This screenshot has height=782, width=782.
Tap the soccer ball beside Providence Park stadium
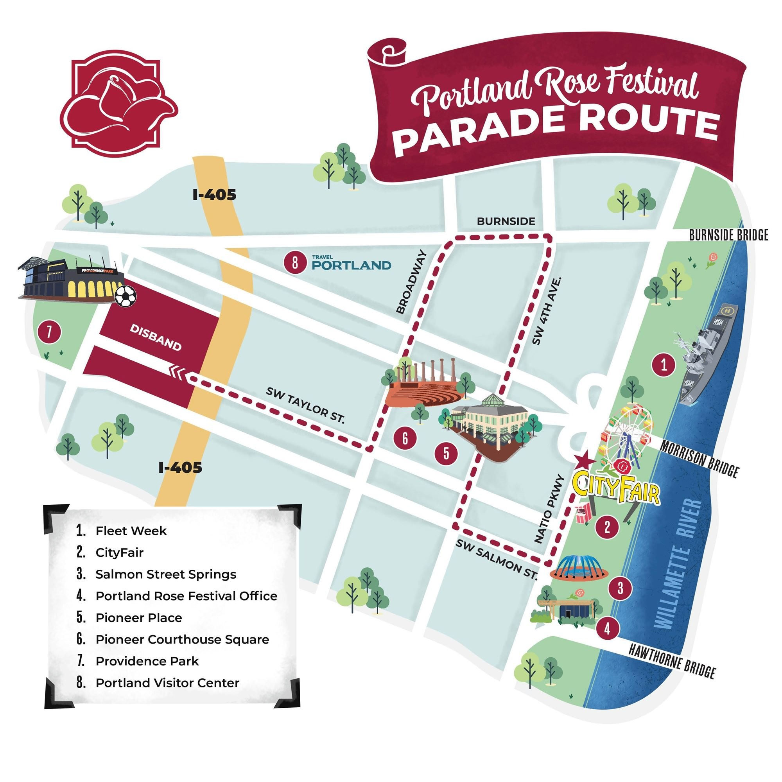pos(126,296)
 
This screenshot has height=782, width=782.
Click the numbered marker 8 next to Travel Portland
pos(295,263)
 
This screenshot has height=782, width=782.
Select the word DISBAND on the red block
pos(156,337)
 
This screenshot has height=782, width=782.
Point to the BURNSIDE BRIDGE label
pos(728,235)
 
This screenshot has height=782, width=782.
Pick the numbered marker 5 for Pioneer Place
pos(446,453)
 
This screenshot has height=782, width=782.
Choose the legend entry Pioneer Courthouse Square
pos(182,640)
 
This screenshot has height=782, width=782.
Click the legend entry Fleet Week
pos(131,531)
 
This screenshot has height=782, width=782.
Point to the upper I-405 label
pos(214,195)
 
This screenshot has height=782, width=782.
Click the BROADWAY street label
pos(412,282)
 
